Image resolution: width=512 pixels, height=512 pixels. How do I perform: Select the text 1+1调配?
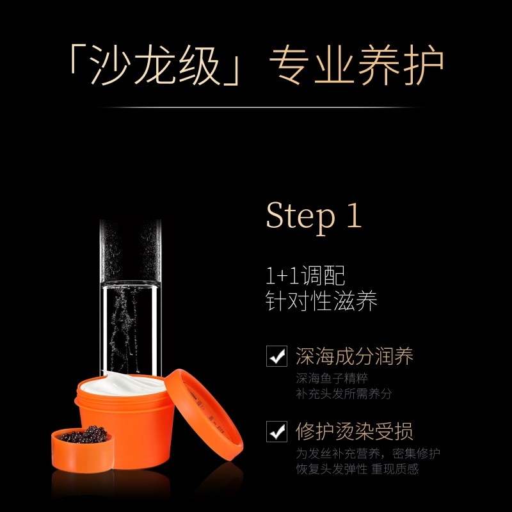pyautogui.click(x=305, y=276)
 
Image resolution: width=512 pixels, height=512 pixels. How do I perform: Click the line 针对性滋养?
pyautogui.click(x=321, y=301)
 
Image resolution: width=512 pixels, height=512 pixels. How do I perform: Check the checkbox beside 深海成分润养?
pyautogui.click(x=276, y=356)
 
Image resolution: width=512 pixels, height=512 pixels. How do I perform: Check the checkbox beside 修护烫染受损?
pyautogui.click(x=276, y=430)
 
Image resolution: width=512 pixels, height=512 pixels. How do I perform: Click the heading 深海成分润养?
pyautogui.click(x=354, y=356)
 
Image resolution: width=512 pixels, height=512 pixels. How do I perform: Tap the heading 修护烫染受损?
pyautogui.click(x=354, y=430)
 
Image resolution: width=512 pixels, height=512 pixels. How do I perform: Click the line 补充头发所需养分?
pyautogui.click(x=343, y=394)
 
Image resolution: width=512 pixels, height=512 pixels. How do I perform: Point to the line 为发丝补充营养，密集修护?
pyautogui.click(x=368, y=453)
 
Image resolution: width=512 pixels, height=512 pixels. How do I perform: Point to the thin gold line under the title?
pyautogui.click(x=256, y=108)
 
